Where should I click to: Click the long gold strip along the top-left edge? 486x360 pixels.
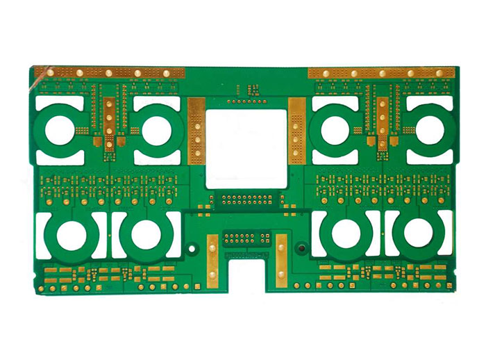pos(111,72)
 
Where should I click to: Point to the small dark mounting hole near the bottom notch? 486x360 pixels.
pos(301,248)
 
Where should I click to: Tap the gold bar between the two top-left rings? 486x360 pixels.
pos(110,122)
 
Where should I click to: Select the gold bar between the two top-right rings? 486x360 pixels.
pos(382,122)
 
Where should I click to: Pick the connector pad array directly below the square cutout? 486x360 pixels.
pos(246,201)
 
